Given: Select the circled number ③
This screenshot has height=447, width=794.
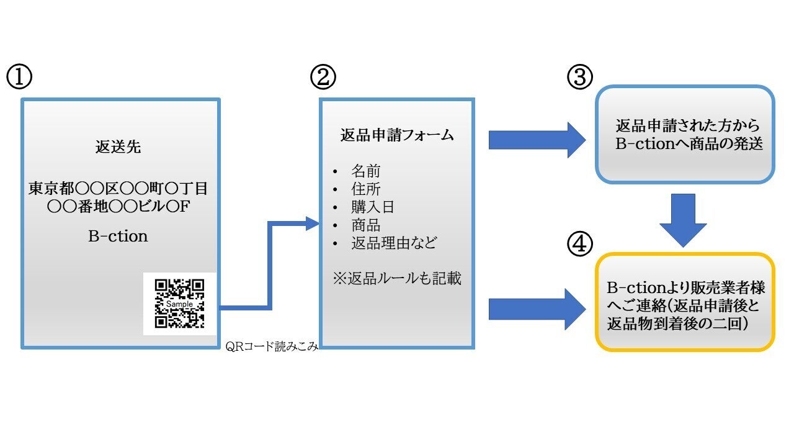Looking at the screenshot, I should coord(580,77).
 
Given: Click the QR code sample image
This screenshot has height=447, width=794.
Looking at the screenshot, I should coord(180,304).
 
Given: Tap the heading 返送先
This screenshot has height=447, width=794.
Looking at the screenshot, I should coord(118,148).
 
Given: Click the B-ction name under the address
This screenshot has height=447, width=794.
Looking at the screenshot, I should coord(118,237).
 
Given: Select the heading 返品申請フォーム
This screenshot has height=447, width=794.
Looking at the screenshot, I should coord(397,135).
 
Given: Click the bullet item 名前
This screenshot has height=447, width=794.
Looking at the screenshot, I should coord(366,171).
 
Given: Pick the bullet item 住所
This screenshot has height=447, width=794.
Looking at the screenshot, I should coord(366,189).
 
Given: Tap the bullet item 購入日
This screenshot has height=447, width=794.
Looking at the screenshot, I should coord(373,207).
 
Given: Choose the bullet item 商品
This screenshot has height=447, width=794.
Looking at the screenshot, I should coord(366,225).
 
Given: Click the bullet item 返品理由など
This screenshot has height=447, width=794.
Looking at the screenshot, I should coord(394,243).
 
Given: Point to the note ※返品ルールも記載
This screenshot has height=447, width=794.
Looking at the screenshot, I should coord(397,279).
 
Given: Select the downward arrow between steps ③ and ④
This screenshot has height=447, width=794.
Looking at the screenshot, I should coord(683,219).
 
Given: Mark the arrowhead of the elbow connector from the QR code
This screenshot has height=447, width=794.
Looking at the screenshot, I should coord(313,223).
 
